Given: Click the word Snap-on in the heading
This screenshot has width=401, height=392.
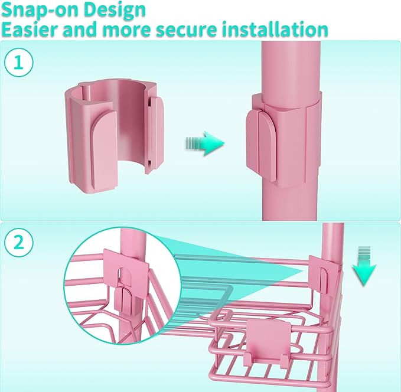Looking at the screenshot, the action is pos(41,11).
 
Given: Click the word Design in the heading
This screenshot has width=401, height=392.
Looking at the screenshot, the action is pos(115,11).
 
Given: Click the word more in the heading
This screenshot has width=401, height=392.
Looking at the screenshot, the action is pos(128,30).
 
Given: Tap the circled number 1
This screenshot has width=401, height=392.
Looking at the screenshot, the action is pos(19,62).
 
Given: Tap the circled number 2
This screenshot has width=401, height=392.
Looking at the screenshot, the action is pos(19,243).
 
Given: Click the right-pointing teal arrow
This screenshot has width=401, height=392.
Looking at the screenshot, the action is pos(205,143).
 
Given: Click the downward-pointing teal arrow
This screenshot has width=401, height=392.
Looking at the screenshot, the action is pos(364,266).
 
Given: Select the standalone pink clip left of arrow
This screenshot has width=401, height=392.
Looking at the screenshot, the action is pos(115,136).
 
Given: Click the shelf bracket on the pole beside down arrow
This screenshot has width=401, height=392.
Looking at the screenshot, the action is pos(325,275).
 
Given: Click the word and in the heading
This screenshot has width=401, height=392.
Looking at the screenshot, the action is pos(82,29).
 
